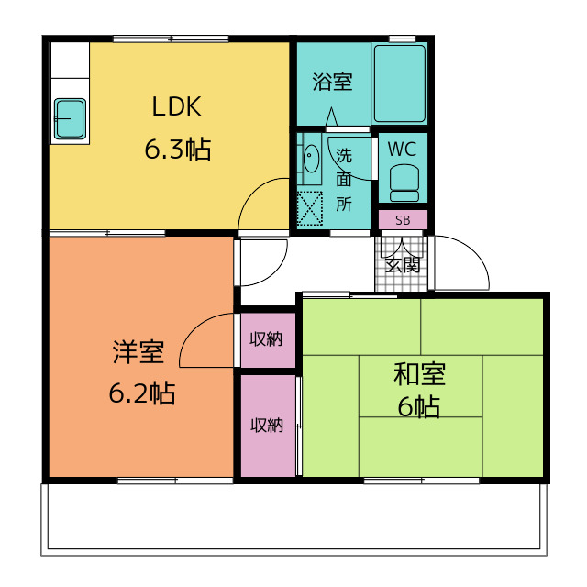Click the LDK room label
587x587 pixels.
pyautogui.click(x=177, y=106)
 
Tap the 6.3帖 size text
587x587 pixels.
pyautogui.click(x=178, y=150)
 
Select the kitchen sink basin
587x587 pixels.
pyautogui.click(x=70, y=118)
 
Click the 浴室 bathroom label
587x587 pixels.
pyautogui.click(x=332, y=82)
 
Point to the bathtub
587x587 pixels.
pyautogui.click(x=400, y=83)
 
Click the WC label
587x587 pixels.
pyautogui.click(x=402, y=149)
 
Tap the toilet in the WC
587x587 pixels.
pyautogui.click(x=404, y=183)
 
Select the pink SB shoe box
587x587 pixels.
pyautogui.click(x=403, y=220)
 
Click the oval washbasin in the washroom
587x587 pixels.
pyautogui.click(x=311, y=158)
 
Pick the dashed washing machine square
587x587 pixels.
pyautogui.click(x=310, y=208)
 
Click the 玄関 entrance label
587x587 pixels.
pyautogui.click(x=403, y=265)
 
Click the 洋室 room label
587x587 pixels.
pyautogui.click(x=138, y=351)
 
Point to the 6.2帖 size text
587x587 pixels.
pyautogui.click(x=142, y=393)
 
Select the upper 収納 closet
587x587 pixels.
pyautogui.click(x=268, y=340)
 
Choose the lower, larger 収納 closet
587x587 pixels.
pyautogui.click(x=268, y=426)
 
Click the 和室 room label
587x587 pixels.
pyautogui.click(x=419, y=374)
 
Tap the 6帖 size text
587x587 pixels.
pyautogui.click(x=418, y=407)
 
